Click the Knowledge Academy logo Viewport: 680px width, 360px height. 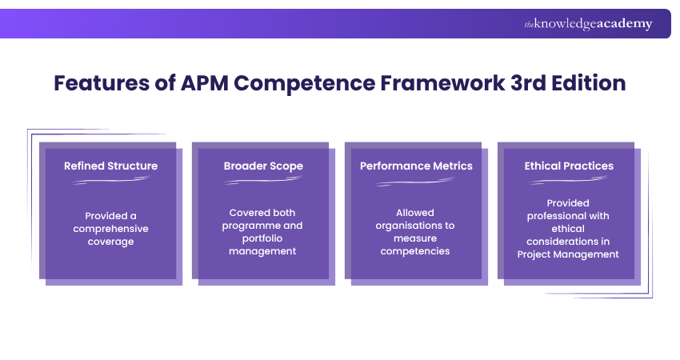[588, 24]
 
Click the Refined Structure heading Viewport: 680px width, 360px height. [110, 166]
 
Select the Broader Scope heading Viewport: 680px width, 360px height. [263, 166]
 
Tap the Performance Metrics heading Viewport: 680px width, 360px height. [416, 166]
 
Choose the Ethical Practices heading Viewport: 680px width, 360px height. [569, 166]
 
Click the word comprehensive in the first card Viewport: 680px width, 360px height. [110, 229]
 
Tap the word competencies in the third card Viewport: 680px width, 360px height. [416, 251]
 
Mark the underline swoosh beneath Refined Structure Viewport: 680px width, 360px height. [110, 181]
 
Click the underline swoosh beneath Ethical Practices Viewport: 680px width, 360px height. [569, 181]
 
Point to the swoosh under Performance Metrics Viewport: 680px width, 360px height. [416, 181]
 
